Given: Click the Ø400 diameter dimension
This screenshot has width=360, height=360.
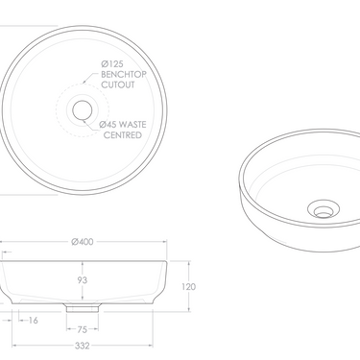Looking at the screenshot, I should tap(82, 241).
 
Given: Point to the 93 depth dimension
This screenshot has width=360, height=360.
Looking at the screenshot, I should tap(82, 281).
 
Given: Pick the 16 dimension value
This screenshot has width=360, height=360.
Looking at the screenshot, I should tap(34, 321).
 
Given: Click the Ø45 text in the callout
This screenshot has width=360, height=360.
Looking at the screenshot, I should tap(110, 124).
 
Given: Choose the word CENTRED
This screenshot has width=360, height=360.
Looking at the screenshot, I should tap(124, 135).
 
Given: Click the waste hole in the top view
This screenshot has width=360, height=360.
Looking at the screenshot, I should tap(82, 108).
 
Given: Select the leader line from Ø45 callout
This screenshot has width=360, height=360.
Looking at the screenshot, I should tap(94, 117).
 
